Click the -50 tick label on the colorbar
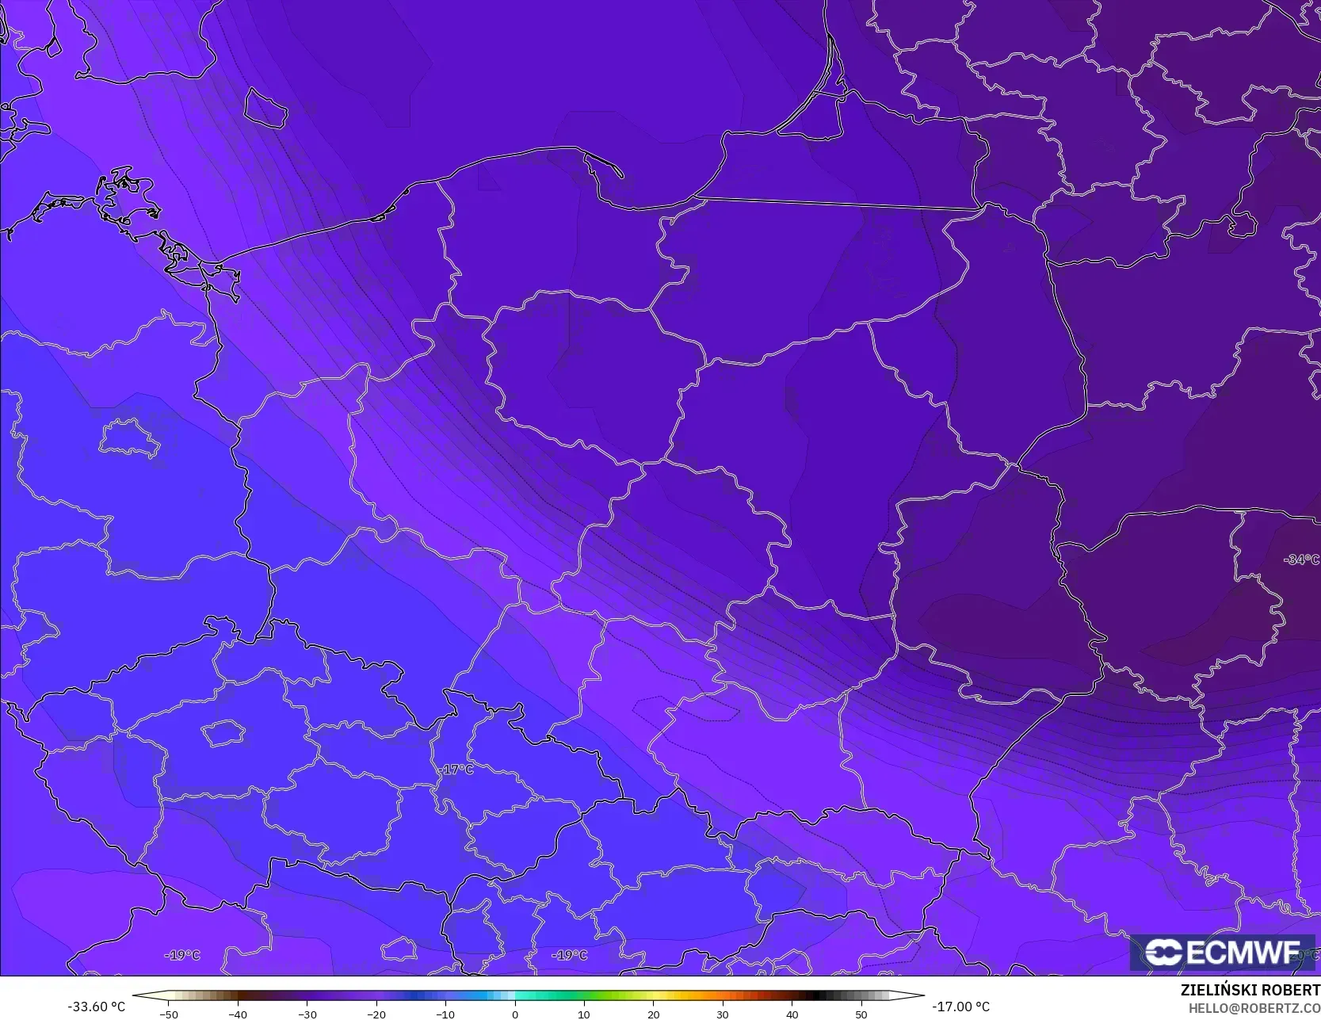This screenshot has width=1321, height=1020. tap(168, 1014)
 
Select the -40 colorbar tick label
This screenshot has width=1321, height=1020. tap(237, 1014)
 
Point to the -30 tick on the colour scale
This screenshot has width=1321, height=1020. tap(307, 1014)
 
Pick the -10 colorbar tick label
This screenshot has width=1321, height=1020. tap(445, 1014)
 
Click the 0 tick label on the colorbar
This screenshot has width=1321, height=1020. tap(514, 1014)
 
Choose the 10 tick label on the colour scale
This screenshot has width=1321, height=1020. tap(584, 1014)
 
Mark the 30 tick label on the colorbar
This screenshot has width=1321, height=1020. tap(723, 1014)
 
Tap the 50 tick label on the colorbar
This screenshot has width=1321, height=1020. tap(861, 1014)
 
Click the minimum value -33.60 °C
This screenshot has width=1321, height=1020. tap(96, 1007)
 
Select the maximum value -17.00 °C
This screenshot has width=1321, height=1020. tap(960, 1007)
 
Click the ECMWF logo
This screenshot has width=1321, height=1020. tap(1222, 953)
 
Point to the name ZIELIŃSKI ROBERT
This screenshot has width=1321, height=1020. tap(1250, 990)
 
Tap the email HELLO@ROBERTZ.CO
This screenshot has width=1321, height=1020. tap(1254, 1007)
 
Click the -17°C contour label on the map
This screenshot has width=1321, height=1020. tap(456, 770)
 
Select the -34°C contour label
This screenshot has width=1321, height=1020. tap(1301, 560)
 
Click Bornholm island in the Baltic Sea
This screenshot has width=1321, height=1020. tap(264, 108)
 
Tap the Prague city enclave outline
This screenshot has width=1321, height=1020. tap(223, 733)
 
